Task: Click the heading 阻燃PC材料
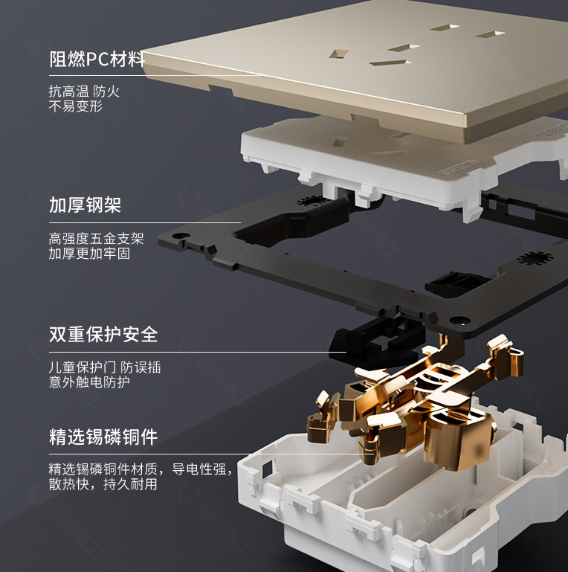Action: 97,59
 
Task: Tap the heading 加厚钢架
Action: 85,205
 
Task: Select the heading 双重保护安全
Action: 103,334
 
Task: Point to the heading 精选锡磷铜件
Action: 103,437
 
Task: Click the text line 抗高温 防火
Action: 84,91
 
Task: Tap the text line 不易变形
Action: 76,106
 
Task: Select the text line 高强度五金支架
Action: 96,239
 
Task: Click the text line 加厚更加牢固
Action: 89,254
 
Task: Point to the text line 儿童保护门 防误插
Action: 105,367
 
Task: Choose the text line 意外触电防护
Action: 89,382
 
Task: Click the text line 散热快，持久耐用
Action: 103,484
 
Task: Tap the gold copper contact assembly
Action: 416,401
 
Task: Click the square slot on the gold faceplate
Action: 339,54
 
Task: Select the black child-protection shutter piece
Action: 378,342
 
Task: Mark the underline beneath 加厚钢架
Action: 145,222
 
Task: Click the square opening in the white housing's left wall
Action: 267,469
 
